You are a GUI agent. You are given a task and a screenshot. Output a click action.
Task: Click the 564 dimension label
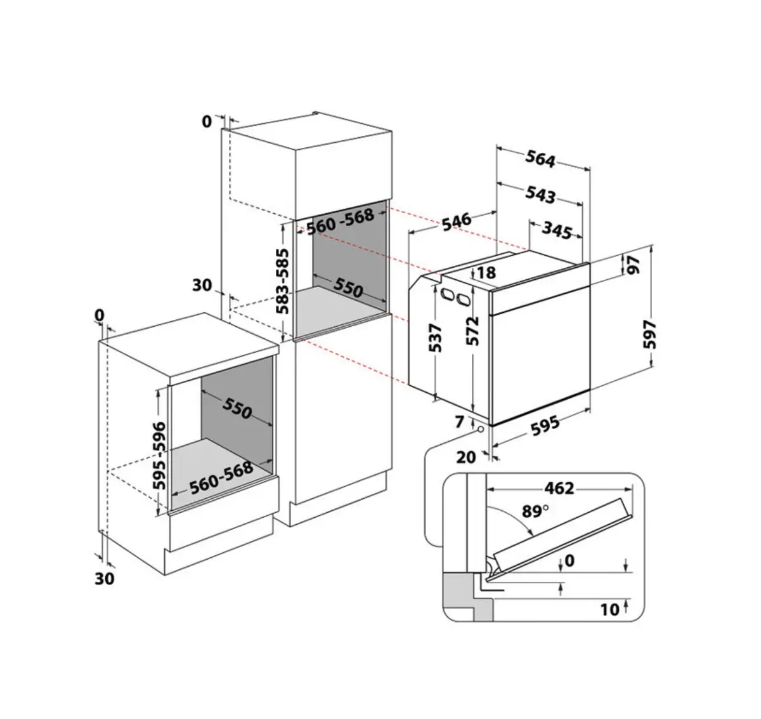540,159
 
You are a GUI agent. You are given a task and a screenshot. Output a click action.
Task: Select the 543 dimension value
540,194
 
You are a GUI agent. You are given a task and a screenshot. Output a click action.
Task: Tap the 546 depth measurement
457,221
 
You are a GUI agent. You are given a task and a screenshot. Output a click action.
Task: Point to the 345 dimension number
557,230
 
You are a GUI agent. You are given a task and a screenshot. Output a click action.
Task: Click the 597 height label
650,334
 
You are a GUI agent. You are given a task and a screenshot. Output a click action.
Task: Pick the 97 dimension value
634,265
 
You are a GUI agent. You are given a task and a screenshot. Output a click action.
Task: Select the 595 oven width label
545,426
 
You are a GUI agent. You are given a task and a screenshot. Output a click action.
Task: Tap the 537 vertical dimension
435,338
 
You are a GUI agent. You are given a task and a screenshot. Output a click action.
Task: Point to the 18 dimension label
486,273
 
